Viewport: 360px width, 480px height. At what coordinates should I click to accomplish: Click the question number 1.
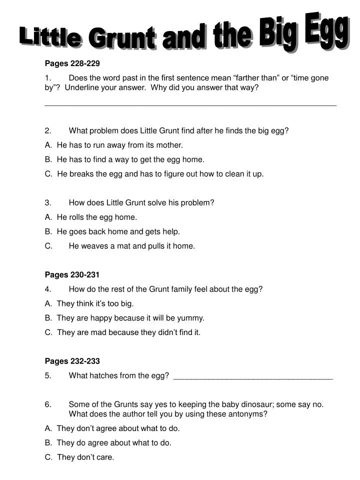48,78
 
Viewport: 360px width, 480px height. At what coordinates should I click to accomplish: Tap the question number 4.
48,289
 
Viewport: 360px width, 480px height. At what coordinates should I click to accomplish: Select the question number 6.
48,404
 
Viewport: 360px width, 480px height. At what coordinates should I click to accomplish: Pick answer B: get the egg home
130,160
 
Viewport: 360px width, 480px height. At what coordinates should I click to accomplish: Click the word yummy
190,318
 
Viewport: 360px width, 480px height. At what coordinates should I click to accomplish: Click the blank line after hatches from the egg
252,376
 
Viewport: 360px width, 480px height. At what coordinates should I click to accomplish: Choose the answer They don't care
85,457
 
